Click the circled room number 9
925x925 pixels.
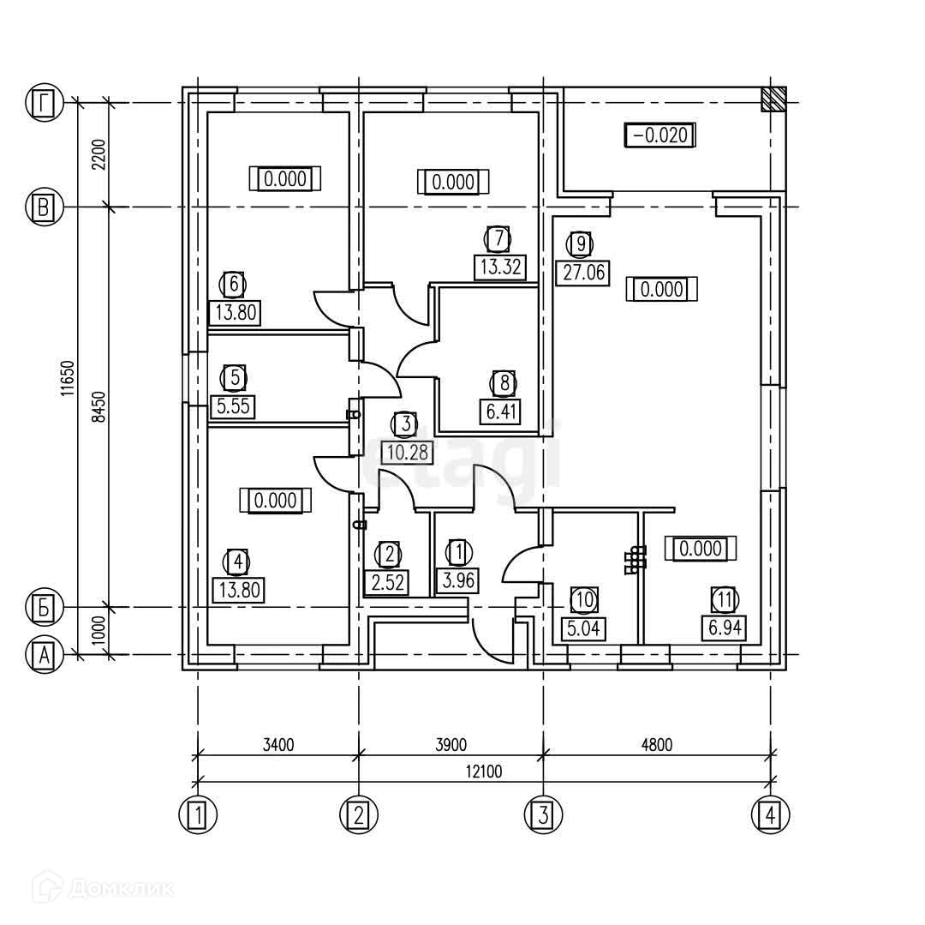coord(581,244)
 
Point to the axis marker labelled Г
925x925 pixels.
coord(42,103)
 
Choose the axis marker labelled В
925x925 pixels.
coord(42,207)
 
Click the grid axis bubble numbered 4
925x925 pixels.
coord(771,814)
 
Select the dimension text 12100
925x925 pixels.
coord(485,771)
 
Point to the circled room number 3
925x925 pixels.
coord(404,424)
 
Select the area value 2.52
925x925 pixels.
coord(389,582)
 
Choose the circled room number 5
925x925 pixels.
coord(233,377)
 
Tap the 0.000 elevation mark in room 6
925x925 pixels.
coord(284,179)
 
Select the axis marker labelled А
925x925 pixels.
coord(42,656)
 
